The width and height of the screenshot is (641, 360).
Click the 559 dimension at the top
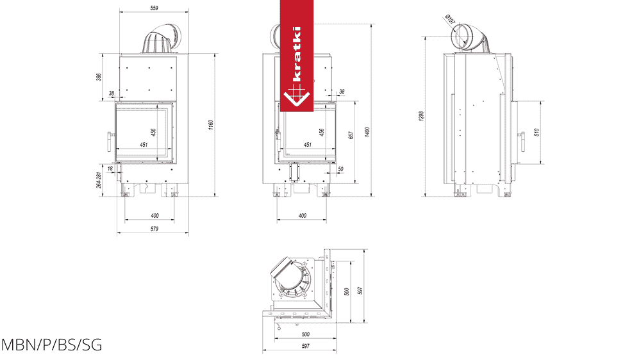pyautogui.click(x=154, y=8)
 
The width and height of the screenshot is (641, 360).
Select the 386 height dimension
pyautogui.click(x=99, y=77)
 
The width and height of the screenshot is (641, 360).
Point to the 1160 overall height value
pyautogui.click(x=211, y=125)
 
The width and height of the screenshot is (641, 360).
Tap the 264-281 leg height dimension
pyautogui.click(x=99, y=180)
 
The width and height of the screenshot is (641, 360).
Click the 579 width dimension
pyautogui.click(x=154, y=229)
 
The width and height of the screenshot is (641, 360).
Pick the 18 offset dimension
pyautogui.click(x=110, y=168)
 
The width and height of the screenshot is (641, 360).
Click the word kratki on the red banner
pyautogui.click(x=297, y=54)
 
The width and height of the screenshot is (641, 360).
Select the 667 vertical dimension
pyautogui.click(x=351, y=135)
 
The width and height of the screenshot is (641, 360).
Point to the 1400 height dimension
pyautogui.click(x=367, y=131)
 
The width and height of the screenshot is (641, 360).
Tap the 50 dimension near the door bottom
pyautogui.click(x=340, y=168)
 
